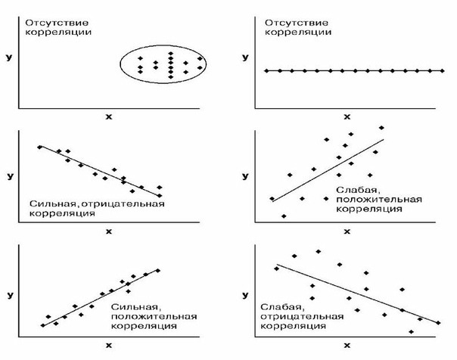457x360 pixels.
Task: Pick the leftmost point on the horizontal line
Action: click(x=267, y=71)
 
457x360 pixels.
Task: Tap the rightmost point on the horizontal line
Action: click(x=442, y=71)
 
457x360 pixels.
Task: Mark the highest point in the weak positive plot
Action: click(x=381, y=128)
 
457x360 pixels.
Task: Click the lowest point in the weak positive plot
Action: click(x=284, y=216)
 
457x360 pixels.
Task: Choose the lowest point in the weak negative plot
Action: click(x=412, y=331)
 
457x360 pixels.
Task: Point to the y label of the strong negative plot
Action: click(x=10, y=175)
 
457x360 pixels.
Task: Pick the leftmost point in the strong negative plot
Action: click(x=40, y=147)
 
